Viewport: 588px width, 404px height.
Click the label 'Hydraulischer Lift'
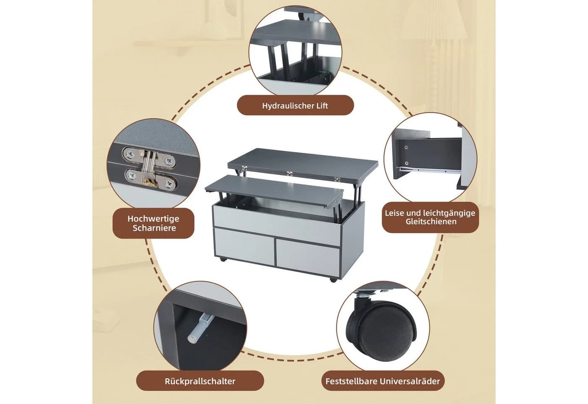(295, 106)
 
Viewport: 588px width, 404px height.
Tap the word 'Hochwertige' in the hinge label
(153, 218)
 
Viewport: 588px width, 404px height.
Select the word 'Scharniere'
(154, 228)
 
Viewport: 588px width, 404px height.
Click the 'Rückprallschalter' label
(200, 381)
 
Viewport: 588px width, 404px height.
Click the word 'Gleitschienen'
(431, 221)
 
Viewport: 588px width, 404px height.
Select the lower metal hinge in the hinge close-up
(150, 180)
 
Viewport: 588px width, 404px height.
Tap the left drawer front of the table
(244, 246)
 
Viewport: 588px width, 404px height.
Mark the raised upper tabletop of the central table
(303, 165)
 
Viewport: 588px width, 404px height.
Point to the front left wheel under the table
(223, 260)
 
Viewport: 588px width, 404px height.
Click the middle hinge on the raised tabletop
(289, 173)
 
